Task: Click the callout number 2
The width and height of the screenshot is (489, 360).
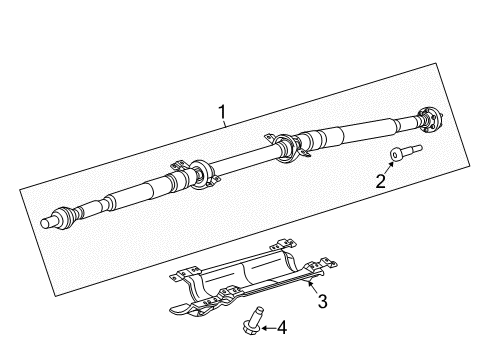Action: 379,181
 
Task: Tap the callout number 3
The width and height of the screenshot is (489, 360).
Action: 322,301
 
